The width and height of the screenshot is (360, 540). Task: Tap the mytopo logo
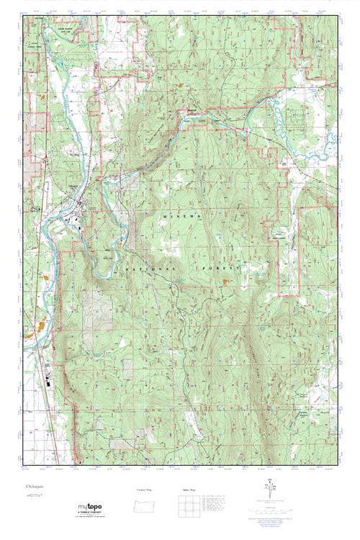coord(89,506)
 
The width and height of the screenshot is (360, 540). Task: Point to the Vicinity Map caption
coord(144,490)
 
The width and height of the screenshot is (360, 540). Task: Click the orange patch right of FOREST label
coord(228,282)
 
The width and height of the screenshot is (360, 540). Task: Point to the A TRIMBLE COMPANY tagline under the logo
coord(90,513)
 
